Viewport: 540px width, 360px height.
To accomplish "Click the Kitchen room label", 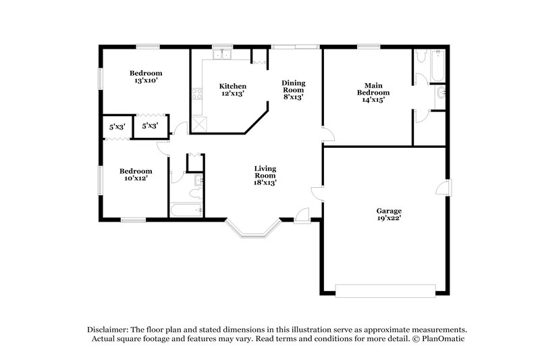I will [232, 90].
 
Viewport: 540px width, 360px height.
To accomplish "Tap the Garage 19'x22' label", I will [389, 214].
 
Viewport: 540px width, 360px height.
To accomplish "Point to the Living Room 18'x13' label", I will [265, 174].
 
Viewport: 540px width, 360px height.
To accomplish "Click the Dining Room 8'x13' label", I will [293, 89].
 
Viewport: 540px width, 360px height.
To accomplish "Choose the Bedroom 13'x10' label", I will [146, 77].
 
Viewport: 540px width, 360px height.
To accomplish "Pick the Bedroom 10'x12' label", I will [136, 174].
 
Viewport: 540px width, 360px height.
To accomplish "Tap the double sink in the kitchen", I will [222, 55].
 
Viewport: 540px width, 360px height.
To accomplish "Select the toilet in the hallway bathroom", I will [195, 194].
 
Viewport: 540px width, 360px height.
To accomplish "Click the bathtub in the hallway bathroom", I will [186, 211].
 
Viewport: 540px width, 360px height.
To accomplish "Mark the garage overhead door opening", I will [385, 290].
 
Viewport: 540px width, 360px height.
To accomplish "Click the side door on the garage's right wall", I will [448, 187].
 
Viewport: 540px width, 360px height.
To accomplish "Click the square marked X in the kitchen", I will [199, 124].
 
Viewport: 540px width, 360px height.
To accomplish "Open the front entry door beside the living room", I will [302, 215].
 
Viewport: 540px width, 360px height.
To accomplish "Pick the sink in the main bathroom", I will [441, 93].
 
